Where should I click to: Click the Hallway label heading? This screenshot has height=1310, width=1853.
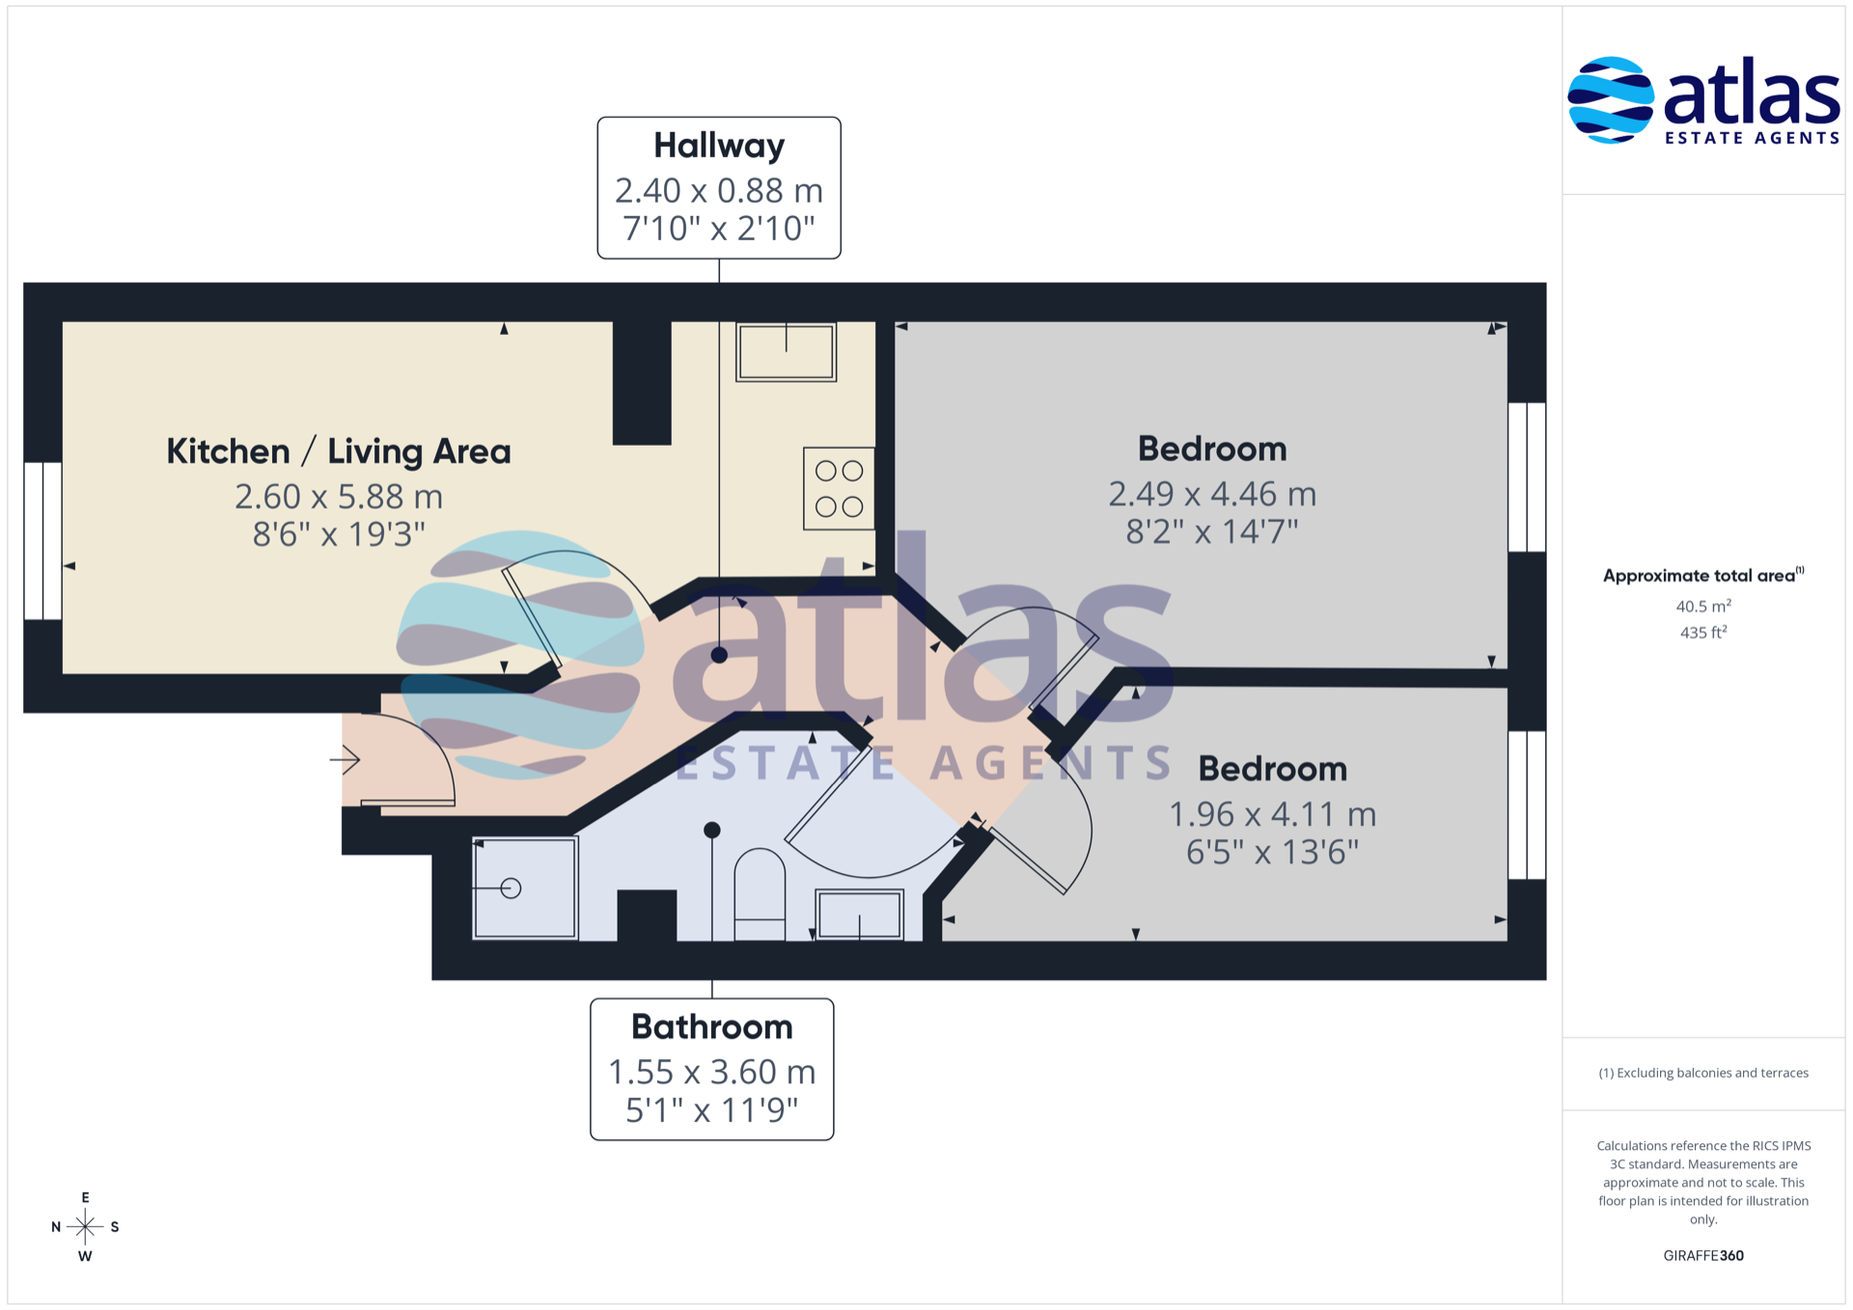tap(719, 146)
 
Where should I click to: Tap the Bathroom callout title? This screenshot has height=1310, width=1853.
tap(712, 1026)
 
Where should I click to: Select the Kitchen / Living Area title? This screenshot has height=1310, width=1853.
tap(338, 450)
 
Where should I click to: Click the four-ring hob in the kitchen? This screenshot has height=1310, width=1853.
tap(839, 488)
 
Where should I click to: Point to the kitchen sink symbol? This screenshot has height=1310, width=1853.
tap(786, 352)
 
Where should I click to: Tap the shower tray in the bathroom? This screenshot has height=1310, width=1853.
tap(524, 887)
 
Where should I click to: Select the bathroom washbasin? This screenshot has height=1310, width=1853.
tap(859, 914)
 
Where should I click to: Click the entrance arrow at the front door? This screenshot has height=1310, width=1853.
tap(346, 759)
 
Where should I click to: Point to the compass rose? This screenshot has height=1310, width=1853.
tap(85, 1227)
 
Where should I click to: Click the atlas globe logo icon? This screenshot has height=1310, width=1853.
tap(1610, 100)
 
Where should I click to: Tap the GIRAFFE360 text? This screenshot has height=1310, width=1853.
tap(1703, 1255)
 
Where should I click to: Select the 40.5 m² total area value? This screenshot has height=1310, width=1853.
tap(1703, 606)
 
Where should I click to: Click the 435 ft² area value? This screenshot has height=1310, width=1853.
tap(1703, 632)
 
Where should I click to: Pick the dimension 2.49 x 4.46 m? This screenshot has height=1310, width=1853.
tap(1212, 494)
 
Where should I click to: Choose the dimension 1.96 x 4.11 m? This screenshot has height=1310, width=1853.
tap(1272, 814)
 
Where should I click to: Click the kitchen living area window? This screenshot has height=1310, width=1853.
tap(42, 540)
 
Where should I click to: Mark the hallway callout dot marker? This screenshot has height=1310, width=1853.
tap(719, 655)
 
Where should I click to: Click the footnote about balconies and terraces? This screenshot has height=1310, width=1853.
tap(1703, 1073)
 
